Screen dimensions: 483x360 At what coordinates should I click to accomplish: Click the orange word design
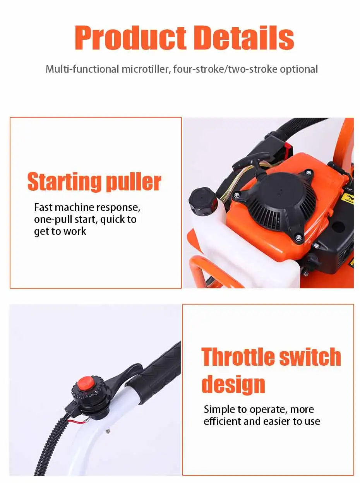pos(233,384)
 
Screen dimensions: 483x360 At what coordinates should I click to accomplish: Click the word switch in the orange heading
pos(310,357)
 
